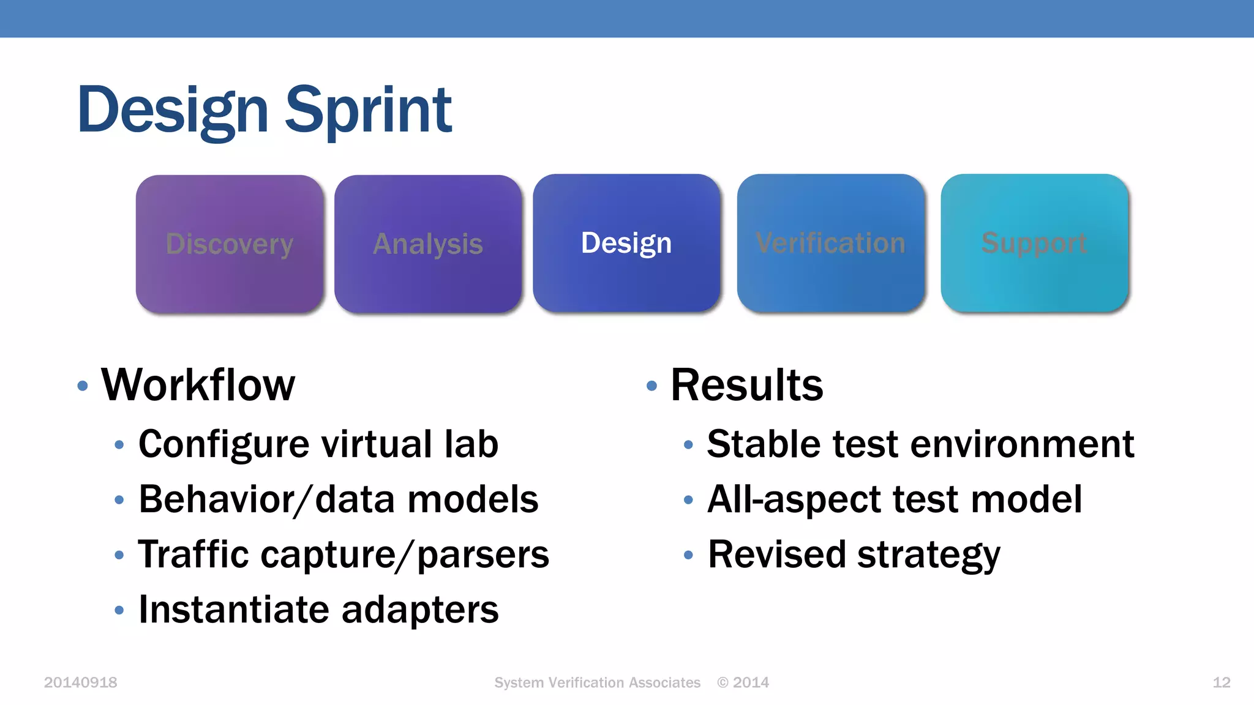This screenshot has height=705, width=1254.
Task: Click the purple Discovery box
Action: (x=230, y=244)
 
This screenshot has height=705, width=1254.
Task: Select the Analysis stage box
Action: (x=428, y=244)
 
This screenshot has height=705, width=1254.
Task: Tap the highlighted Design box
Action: (x=626, y=243)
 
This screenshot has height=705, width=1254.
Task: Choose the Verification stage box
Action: (x=830, y=243)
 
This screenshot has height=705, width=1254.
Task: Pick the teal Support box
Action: (x=1034, y=243)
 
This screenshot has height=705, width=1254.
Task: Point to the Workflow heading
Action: (x=198, y=385)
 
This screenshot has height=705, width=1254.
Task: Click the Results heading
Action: (x=746, y=385)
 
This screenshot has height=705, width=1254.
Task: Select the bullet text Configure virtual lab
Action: (x=318, y=444)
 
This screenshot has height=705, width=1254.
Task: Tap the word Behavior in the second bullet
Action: (x=216, y=499)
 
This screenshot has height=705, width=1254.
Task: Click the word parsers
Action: (x=483, y=554)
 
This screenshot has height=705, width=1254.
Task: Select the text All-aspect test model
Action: (x=894, y=499)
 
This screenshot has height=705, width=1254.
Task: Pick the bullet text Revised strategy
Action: (x=854, y=554)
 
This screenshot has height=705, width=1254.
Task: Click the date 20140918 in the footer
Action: (x=80, y=682)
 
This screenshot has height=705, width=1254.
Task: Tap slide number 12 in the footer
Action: (x=1221, y=682)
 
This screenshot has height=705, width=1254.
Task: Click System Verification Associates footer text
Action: (x=597, y=682)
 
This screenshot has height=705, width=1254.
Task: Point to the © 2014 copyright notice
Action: (x=743, y=682)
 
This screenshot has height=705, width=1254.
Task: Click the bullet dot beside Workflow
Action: (x=83, y=386)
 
